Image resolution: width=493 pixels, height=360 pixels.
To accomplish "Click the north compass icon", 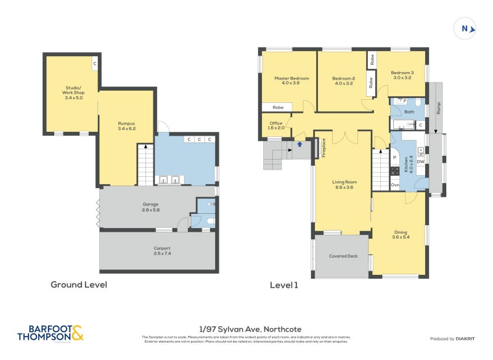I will (465, 28).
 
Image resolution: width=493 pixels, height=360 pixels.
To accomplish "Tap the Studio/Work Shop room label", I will (74, 92).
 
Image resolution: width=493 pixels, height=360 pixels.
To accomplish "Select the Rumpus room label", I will (126, 126).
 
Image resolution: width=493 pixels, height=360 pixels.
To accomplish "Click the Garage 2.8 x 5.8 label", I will (151, 207).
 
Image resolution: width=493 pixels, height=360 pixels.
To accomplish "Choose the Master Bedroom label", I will (291, 81).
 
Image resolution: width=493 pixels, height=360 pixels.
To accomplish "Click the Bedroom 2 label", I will (343, 81).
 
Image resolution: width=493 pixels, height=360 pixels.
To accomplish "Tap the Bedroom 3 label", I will (402, 75).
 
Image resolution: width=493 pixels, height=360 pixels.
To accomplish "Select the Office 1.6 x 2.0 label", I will (276, 125).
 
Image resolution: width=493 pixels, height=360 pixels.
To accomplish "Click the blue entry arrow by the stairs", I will (300, 144).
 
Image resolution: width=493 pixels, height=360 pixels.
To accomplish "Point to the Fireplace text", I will (323, 148).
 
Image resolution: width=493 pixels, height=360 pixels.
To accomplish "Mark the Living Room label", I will (344, 184).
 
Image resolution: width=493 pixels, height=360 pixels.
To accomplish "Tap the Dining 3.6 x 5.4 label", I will (401, 235).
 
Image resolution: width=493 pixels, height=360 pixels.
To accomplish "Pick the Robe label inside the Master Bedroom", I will (278, 107).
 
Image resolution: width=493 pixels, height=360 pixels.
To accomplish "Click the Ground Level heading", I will (78, 285).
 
